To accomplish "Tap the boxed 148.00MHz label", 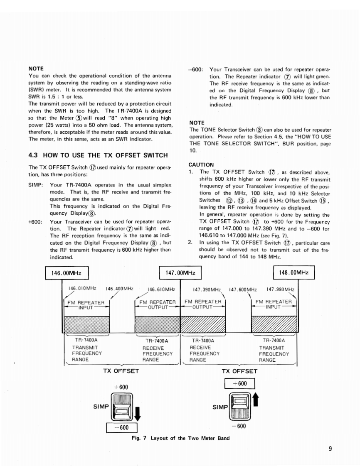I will tap(294, 273).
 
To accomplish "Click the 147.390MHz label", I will tap(208, 289).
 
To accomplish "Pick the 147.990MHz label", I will tap(281, 289).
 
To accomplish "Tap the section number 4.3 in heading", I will tap(33, 155).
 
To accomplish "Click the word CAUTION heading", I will tap(201, 164).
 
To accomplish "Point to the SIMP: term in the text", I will tap(35, 185).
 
